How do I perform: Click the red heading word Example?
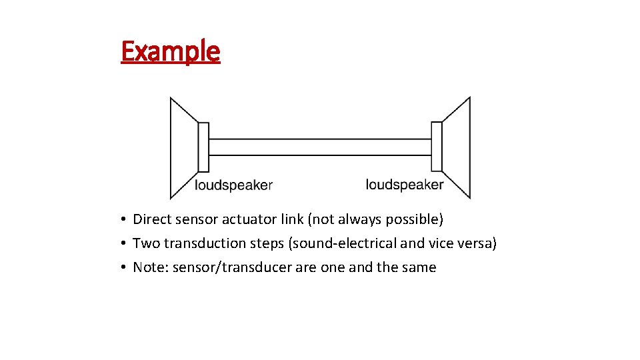click(170, 51)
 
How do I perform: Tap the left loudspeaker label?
click(233, 185)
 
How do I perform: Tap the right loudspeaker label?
click(405, 184)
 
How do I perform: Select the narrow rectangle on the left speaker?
click(203, 147)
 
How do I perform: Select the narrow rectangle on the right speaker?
click(437, 147)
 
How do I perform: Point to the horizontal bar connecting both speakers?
click(320, 147)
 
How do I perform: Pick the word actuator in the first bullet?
click(246, 219)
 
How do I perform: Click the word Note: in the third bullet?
click(151, 267)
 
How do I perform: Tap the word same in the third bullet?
click(420, 267)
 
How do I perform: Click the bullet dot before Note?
click(125, 268)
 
